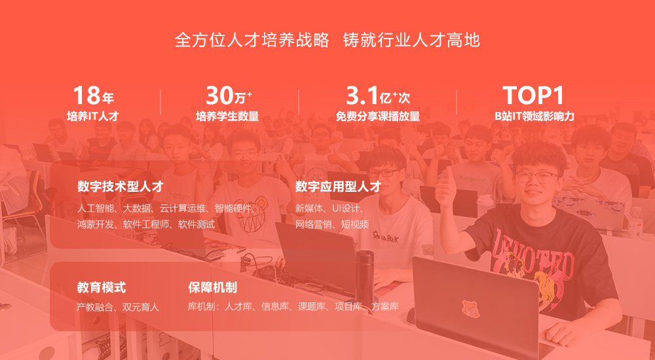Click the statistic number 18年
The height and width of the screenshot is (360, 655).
tap(93, 96)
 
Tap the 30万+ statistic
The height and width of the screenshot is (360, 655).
tap(229, 96)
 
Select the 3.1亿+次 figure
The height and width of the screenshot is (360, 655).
tap(378, 96)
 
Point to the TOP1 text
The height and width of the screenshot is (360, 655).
tap(533, 96)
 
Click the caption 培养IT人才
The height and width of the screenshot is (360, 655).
tap(93, 117)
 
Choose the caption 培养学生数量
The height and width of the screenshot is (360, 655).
tap(227, 117)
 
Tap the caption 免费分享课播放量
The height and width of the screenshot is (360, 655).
tap(378, 117)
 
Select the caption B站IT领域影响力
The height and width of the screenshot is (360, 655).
tap(534, 117)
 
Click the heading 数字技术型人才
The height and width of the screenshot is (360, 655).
tap(121, 187)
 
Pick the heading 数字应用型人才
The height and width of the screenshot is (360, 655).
tap(339, 187)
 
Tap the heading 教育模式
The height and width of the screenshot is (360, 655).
tap(102, 288)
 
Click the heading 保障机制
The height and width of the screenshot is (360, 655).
tap(213, 288)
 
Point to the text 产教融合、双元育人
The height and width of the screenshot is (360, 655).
tap(118, 308)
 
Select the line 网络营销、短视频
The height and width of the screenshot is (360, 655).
tap(332, 225)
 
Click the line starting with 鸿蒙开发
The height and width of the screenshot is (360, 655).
tap(146, 225)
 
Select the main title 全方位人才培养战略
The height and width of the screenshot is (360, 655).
tap(252, 41)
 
